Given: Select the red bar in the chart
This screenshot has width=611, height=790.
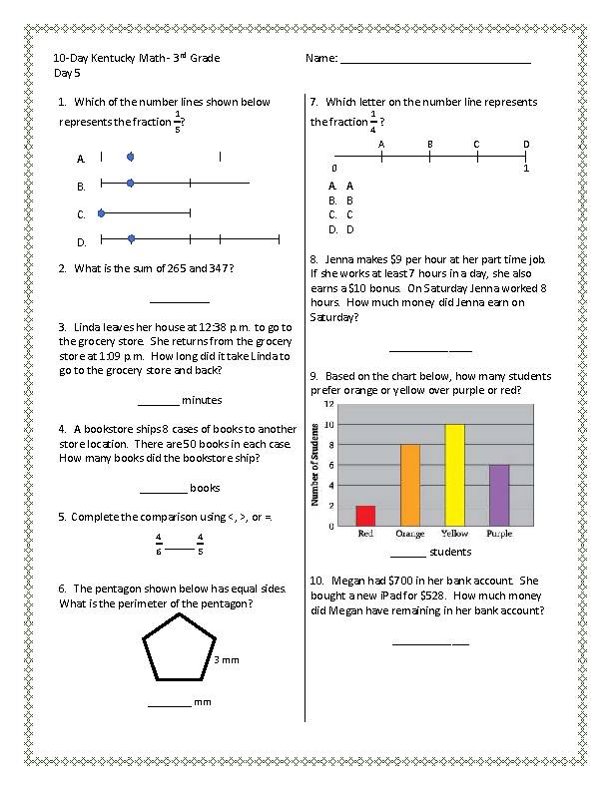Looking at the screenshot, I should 365,515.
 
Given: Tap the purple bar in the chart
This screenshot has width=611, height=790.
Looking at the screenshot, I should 499,494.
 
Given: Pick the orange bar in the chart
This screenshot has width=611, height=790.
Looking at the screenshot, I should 410,484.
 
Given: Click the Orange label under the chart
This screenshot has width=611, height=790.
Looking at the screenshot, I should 410,534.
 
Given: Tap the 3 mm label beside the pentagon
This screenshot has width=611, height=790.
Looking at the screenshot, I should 227,660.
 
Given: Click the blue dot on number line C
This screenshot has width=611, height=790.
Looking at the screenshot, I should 102,213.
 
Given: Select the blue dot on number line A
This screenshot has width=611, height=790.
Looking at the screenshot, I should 131,158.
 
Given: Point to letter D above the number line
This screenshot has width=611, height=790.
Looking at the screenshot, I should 525,145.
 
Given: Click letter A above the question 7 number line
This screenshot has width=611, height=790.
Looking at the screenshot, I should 382,145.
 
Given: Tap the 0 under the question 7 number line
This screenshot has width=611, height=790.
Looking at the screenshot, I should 335,169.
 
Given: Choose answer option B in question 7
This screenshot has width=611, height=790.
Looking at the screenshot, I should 349,199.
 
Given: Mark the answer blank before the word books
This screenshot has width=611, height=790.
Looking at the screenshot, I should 163,489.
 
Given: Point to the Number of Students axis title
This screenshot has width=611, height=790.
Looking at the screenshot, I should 314,467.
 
